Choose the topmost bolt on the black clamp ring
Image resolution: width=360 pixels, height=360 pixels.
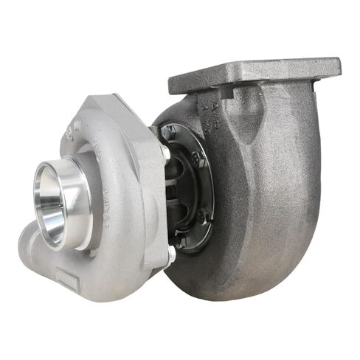coord(172,131)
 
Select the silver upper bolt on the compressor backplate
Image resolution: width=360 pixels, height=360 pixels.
coord(164,152)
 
